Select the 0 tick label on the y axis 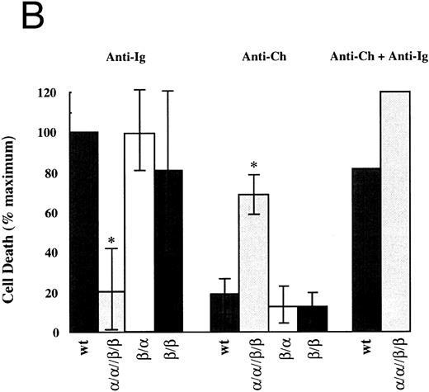pos(59,333)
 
